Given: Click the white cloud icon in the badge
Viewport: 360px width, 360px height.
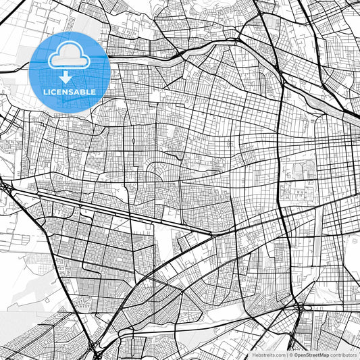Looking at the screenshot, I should [69, 55].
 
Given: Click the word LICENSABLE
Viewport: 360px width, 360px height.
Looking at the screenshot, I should [69, 91].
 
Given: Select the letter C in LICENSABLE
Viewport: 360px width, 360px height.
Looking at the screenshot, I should [55, 91].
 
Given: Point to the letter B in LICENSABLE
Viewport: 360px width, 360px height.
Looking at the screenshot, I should [82, 91].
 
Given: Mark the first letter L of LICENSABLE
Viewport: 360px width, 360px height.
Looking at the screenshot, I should [45, 91].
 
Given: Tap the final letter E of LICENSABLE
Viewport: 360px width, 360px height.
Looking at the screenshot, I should [93, 91].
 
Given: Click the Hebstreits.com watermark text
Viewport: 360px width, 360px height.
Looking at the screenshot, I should [269, 355].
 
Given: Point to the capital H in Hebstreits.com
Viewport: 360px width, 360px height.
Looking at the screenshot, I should [254, 355].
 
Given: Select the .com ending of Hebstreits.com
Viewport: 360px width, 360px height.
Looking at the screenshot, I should [280, 355].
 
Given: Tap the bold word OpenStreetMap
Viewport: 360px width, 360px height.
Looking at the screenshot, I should [312, 355].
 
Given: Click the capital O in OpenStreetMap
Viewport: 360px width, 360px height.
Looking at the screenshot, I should [297, 355].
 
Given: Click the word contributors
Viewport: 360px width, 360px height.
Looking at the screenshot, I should [344, 355].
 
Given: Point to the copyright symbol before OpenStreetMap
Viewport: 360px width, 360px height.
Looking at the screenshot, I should [291, 355].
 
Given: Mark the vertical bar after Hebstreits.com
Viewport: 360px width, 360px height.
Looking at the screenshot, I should [287, 355].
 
